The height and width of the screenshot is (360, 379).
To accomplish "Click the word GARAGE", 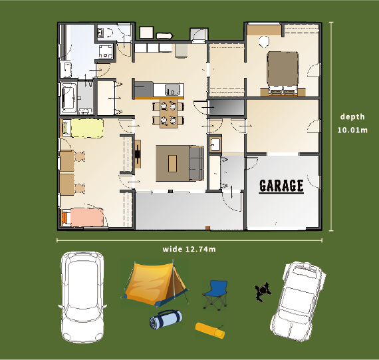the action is (281, 186).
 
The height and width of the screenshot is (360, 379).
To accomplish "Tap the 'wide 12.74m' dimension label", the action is (189, 249).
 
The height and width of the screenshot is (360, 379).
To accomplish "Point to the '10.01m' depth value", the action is (352, 130).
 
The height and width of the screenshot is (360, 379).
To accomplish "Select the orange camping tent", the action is (155, 283).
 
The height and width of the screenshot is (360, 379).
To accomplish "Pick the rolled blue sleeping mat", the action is (166, 319).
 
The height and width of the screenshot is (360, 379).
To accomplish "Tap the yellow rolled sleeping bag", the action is (210, 331).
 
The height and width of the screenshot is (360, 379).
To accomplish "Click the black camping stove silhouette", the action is (263, 292).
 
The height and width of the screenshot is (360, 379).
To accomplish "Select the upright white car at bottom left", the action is (82, 297).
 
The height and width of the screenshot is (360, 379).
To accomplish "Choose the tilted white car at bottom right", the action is (298, 301).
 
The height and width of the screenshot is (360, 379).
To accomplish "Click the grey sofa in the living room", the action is (196, 163).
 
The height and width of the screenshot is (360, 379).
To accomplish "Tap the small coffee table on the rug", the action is (172, 164).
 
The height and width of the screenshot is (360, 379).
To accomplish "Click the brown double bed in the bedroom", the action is (283, 73).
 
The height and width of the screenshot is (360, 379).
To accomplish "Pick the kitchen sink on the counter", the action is (173, 90).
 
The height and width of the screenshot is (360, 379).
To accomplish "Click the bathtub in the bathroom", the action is (68, 98).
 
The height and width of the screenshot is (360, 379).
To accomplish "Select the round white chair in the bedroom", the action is (264, 41).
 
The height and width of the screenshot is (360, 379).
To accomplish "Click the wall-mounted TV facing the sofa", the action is (137, 154).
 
